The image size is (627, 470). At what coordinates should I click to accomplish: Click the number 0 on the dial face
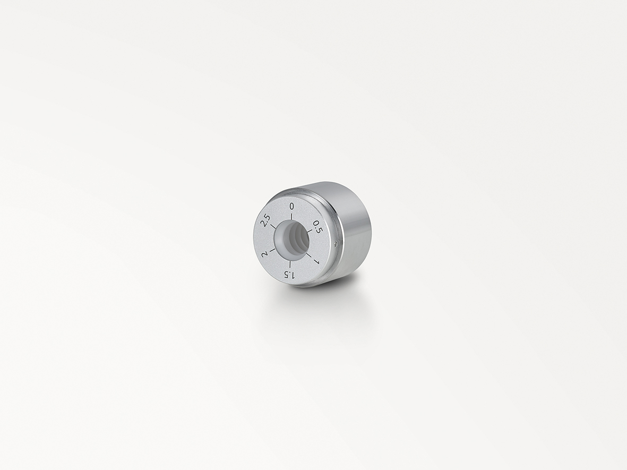(x=291, y=206)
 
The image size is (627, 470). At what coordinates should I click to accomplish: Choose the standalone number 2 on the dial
(x=264, y=254)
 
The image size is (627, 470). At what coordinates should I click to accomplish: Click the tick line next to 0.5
(x=310, y=231)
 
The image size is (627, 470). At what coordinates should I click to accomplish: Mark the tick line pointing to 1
(x=310, y=255)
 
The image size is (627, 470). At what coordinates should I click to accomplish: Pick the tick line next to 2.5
(x=273, y=227)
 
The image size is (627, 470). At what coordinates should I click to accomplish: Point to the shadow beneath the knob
(x=319, y=297)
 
